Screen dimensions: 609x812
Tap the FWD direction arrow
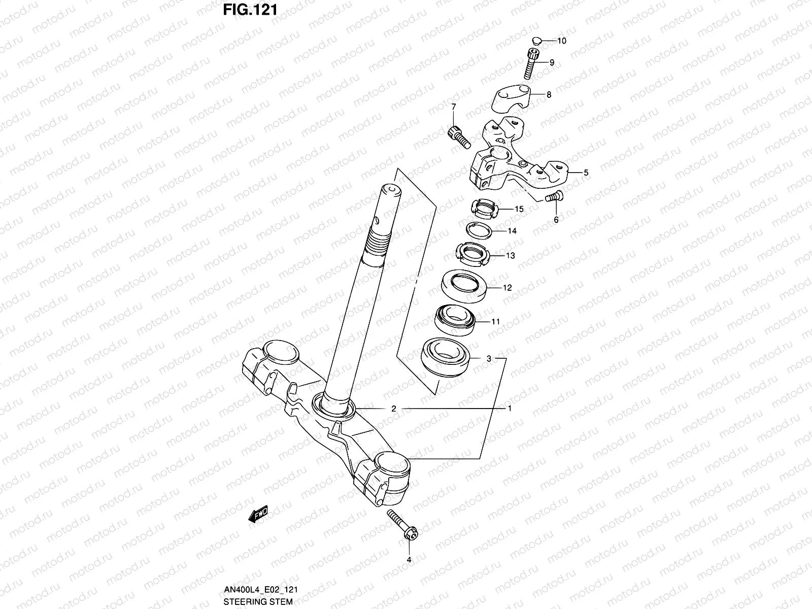(258, 514)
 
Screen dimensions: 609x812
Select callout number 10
(562, 41)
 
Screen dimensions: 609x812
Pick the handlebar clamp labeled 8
(514, 98)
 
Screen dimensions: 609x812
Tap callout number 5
(586, 173)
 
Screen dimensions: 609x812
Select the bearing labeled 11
(455, 319)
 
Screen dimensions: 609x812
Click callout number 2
(393, 408)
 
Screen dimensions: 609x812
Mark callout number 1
(510, 408)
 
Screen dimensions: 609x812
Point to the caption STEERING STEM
(258, 602)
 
